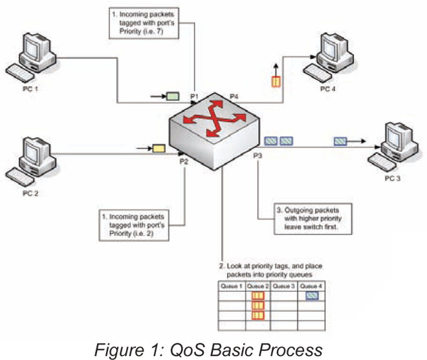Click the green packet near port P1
pyautogui.click(x=173, y=97)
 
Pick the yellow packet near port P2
pyautogui.click(x=159, y=149)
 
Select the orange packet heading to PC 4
pyautogui.click(x=276, y=82)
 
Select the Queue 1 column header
pyautogui.click(x=232, y=286)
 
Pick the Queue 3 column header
pyautogui.click(x=283, y=286)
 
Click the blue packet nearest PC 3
pyautogui.click(x=341, y=142)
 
